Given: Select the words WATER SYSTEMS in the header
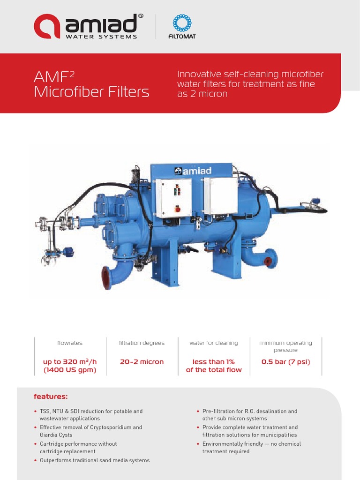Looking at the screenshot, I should click(x=101, y=37).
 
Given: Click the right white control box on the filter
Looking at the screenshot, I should click(x=223, y=196).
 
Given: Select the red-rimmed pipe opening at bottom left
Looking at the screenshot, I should click(x=106, y=277).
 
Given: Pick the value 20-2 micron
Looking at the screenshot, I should click(x=142, y=362).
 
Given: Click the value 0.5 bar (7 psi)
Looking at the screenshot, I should click(x=286, y=362).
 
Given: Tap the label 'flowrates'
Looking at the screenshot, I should click(x=69, y=343).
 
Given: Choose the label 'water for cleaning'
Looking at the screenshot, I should click(x=214, y=343).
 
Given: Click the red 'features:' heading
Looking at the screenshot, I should click(x=51, y=397).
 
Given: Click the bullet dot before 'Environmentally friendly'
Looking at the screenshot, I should click(x=198, y=444).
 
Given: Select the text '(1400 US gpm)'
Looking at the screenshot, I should click(x=70, y=370).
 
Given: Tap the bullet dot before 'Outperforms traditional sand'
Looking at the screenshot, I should click(x=36, y=460).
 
